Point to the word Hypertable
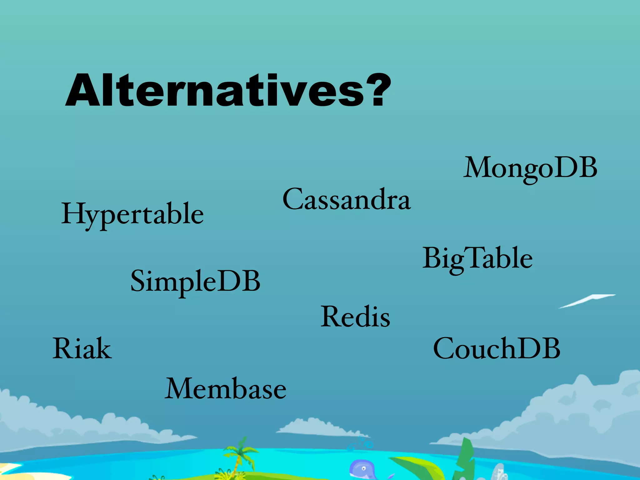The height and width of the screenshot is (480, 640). (132, 214)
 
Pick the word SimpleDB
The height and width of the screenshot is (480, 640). (195, 281)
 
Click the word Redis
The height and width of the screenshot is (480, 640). (355, 317)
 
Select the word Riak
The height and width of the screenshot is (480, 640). (82, 348)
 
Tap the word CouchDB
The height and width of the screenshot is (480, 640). (497, 348)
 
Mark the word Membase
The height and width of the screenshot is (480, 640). (225, 389)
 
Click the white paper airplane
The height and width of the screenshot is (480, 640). (587, 301)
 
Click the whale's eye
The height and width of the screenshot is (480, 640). (363, 468)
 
